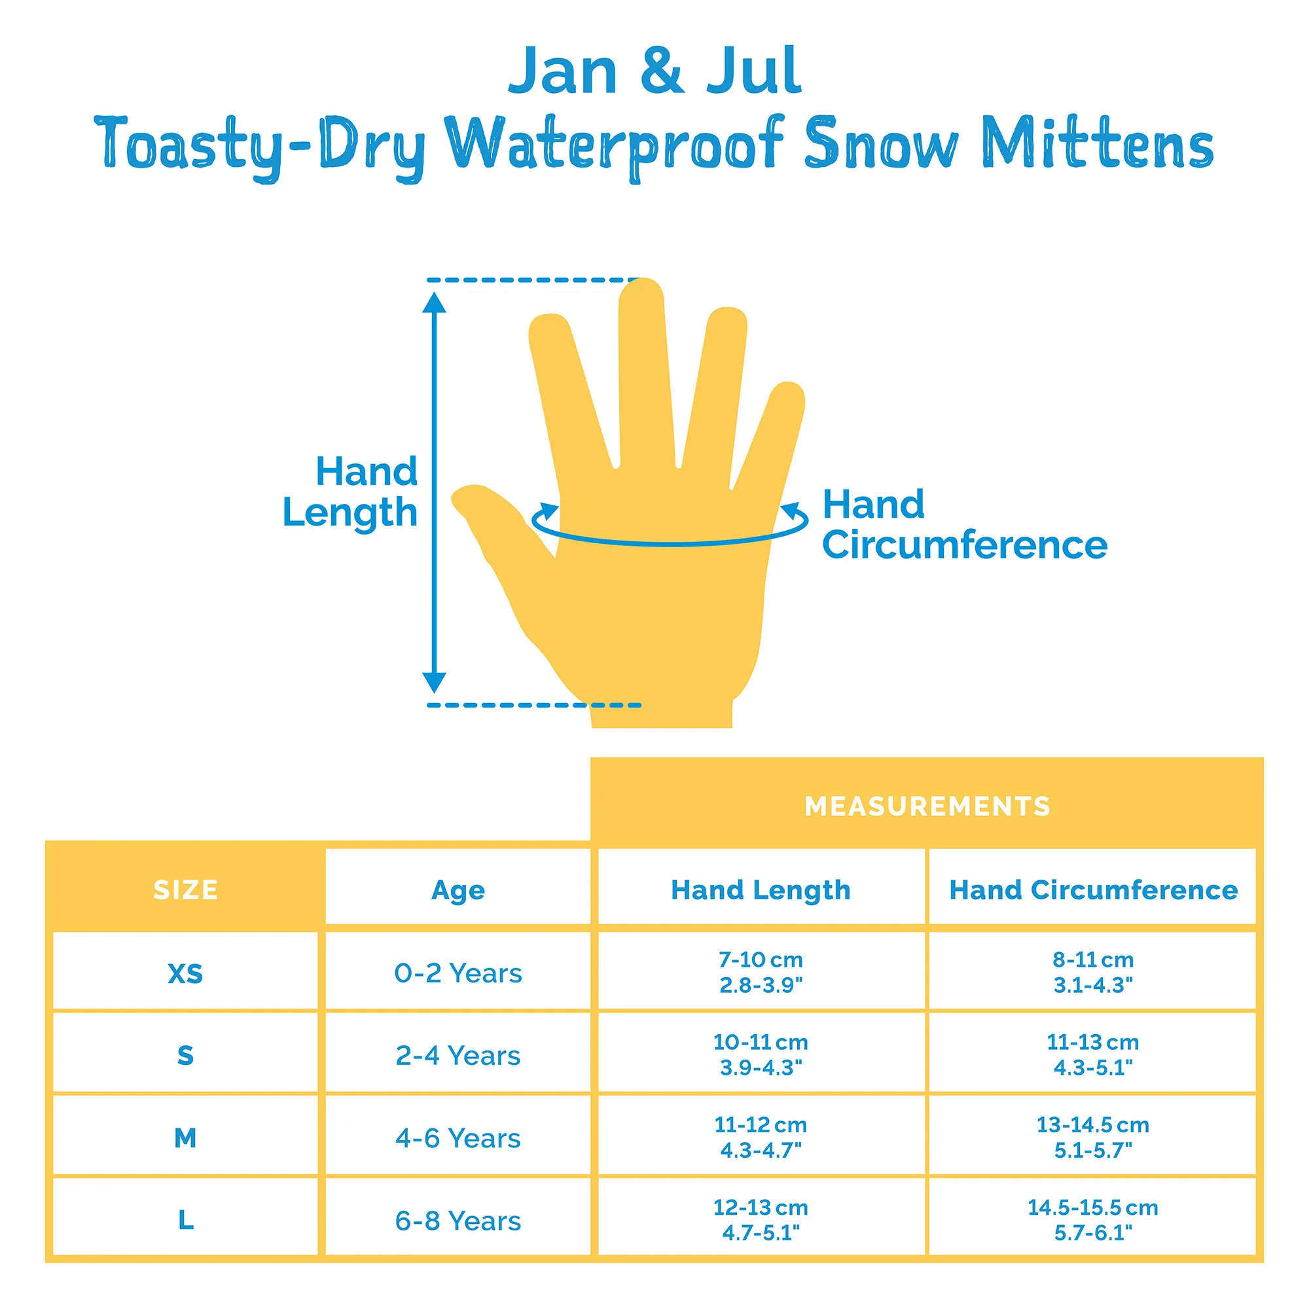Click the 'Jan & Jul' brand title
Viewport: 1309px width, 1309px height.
click(x=654, y=71)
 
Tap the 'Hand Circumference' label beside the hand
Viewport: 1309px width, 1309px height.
click(x=965, y=524)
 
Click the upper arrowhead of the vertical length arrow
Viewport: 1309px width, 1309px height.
click(x=434, y=302)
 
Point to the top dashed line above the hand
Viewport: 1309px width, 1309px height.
click(x=533, y=279)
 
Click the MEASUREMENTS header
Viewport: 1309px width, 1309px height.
click(x=927, y=806)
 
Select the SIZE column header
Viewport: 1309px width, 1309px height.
click(x=186, y=889)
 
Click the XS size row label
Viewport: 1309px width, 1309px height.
click(x=186, y=974)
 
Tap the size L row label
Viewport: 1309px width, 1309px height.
click(x=186, y=1220)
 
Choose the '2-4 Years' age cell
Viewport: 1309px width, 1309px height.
click(x=458, y=1056)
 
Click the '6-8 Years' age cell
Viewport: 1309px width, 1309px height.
click(x=458, y=1221)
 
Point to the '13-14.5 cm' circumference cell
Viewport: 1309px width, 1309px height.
click(x=1093, y=1138)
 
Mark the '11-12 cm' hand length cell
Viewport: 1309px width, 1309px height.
click(x=761, y=1138)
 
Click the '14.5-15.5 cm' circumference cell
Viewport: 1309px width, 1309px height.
click(x=1093, y=1220)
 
